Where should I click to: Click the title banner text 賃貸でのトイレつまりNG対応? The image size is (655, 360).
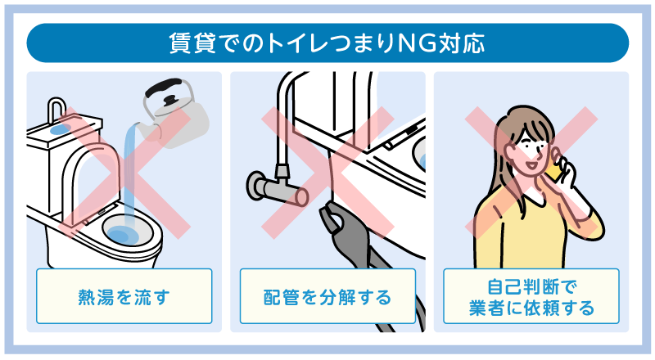click(x=327, y=43)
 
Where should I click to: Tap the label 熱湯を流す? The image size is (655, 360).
click(x=124, y=297)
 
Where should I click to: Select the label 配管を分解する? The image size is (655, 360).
click(x=327, y=297)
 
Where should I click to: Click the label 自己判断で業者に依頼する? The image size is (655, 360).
click(x=531, y=297)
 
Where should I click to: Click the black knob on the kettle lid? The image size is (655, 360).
click(x=171, y=101)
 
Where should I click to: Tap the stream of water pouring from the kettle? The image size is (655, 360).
click(x=131, y=175)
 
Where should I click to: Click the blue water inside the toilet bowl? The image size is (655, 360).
click(x=121, y=235)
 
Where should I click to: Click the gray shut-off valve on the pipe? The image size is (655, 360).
click(x=277, y=187)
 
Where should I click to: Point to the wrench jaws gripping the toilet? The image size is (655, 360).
click(x=334, y=222)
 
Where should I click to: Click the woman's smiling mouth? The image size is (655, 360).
click(x=531, y=164)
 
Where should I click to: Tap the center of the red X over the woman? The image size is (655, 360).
click(x=531, y=172)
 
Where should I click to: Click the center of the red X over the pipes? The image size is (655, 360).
click(x=328, y=172)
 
